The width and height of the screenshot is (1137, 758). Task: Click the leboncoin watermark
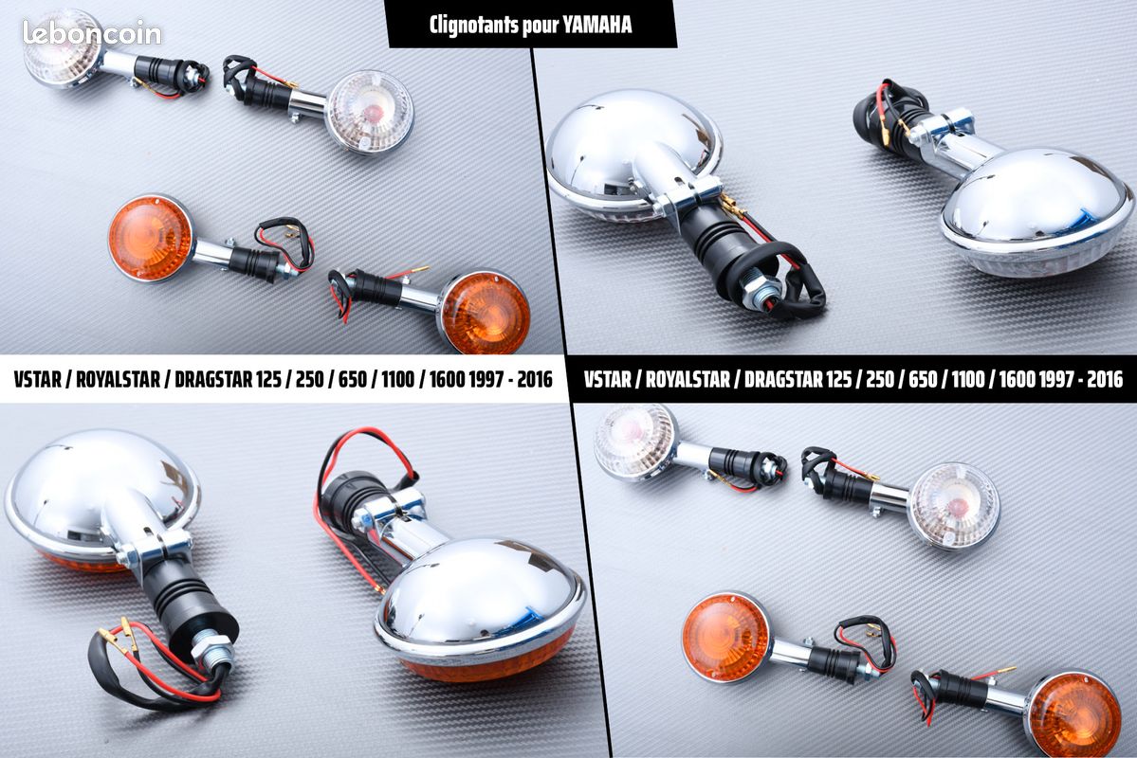coord(92,33)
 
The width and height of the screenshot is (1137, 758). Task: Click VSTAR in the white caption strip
coord(37,379)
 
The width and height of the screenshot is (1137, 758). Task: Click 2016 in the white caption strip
coord(535,379)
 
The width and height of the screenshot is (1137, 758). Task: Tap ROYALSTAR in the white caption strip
coord(118,379)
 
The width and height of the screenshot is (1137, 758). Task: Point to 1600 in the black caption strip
coord(1017,379)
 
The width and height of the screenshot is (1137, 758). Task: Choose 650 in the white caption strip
coord(353,379)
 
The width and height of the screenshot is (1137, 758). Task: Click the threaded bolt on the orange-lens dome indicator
coord(213,652)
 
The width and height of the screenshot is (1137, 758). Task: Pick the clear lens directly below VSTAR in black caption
coord(634,442)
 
